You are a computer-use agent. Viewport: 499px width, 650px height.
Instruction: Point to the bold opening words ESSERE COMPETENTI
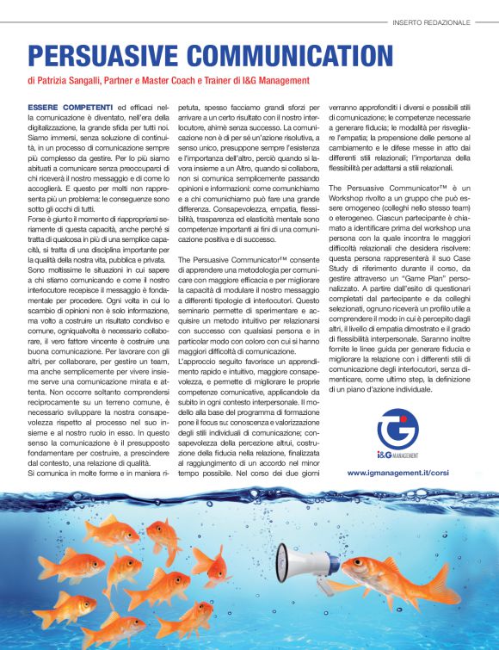click(65, 106)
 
